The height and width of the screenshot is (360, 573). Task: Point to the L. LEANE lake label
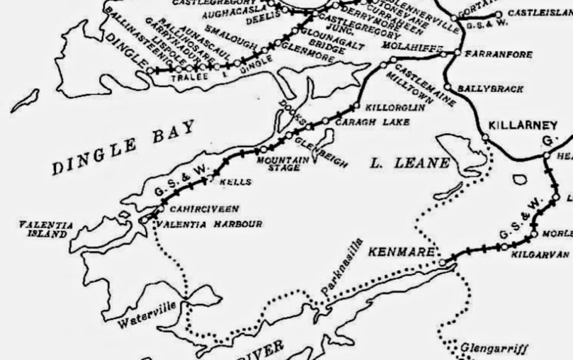[x=411, y=164]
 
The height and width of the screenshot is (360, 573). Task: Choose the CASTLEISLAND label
[x=535, y=14]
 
